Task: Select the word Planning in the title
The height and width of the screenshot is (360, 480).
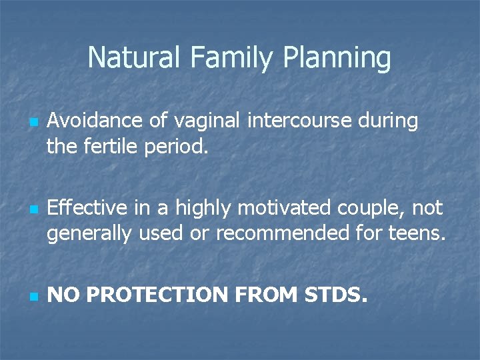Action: pyautogui.click(x=337, y=59)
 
